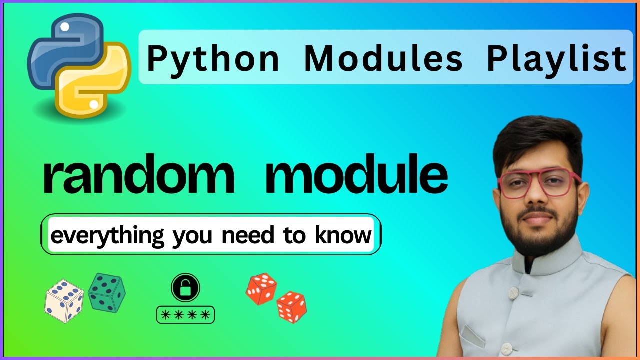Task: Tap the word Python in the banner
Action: coord(213,58)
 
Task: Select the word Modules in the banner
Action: coord(383,58)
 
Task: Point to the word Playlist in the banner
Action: coord(556,58)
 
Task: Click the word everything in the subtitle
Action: coord(107,235)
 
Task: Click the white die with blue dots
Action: coord(64,300)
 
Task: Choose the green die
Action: coord(106,292)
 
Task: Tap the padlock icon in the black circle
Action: coord(185,288)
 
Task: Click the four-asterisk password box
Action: coord(185,315)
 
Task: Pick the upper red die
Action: coord(261,288)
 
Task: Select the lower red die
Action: coord(292,307)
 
